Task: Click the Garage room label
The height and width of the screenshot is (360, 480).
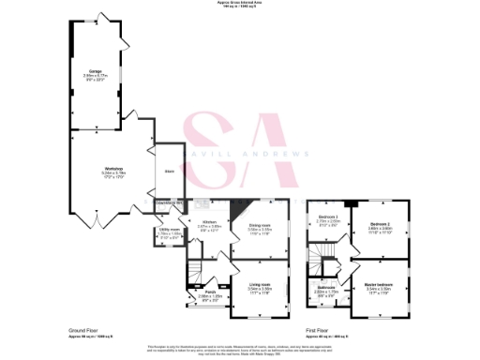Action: [x=95, y=71]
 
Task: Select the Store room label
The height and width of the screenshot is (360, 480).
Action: [x=169, y=171]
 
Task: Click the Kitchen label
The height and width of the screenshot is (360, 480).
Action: [x=209, y=221]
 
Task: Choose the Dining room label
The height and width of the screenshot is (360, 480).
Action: [x=260, y=226]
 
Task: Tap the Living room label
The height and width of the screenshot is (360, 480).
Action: [x=259, y=286]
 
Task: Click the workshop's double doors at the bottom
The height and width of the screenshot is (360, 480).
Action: [x=98, y=221]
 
